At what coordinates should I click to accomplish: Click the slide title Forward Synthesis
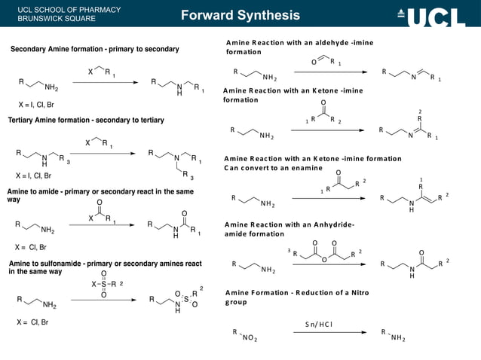(x=240, y=16)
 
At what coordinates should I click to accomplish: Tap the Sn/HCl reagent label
(x=319, y=324)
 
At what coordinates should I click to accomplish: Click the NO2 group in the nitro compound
(x=248, y=339)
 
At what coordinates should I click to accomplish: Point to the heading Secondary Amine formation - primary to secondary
(x=94, y=49)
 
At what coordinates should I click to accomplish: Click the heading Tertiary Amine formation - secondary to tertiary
(x=86, y=120)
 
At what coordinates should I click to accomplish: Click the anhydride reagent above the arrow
(x=326, y=252)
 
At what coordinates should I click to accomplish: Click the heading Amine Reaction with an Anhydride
(x=289, y=229)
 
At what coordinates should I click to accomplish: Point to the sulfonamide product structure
(x=176, y=300)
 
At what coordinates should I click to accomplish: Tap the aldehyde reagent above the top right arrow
(x=326, y=60)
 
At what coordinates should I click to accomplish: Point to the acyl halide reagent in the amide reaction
(x=99, y=215)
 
